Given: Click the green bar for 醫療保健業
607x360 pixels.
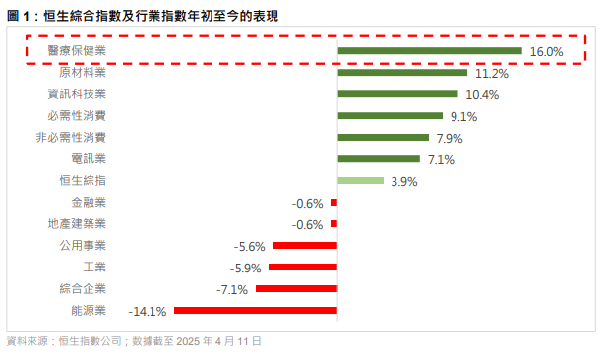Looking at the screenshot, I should (430, 51).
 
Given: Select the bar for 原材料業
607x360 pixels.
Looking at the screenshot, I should (402, 73).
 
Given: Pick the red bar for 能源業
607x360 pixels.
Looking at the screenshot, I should (256, 311).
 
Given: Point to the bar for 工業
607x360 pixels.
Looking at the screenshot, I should (303, 268).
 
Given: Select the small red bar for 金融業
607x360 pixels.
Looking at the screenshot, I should (334, 203).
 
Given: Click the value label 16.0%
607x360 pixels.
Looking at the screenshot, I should (546, 51).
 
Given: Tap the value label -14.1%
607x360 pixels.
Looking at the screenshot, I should (148, 311).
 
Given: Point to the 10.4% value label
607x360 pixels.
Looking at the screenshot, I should (482, 95).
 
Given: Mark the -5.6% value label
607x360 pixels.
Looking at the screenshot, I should (250, 246).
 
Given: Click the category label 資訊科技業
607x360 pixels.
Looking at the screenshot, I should (77, 94).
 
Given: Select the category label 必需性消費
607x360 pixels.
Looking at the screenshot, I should (77, 116).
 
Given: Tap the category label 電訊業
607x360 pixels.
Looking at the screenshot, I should (89, 159).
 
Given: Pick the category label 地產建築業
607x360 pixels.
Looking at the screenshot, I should (77, 224).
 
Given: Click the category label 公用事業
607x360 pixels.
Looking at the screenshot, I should (83, 246).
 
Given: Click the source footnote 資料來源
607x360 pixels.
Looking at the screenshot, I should (134, 341).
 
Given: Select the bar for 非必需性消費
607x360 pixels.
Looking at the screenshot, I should (384, 138).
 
